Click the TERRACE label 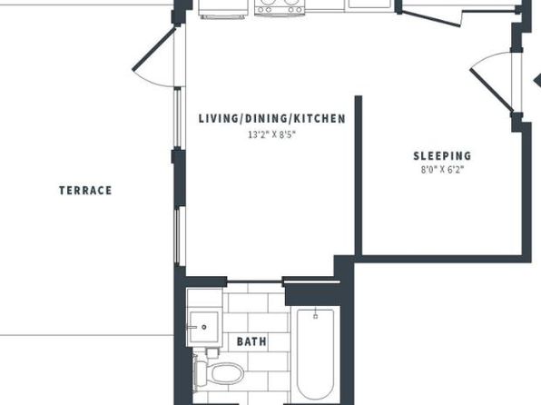pyautogui.click(x=85, y=191)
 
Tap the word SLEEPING pyautogui.click(x=442, y=155)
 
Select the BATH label pyautogui.click(x=251, y=341)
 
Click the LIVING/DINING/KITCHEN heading pyautogui.click(x=272, y=118)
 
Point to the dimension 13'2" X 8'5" pyautogui.click(x=272, y=134)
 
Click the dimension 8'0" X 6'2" pyautogui.click(x=442, y=170)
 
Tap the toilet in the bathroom pyautogui.click(x=219, y=374)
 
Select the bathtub pyautogui.click(x=315, y=354)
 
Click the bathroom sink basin pyautogui.click(x=204, y=327)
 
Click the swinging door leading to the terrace pyautogui.click(x=154, y=49)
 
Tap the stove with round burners pyautogui.click(x=280, y=7)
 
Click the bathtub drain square pyautogui.click(x=315, y=316)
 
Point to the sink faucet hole pyautogui.click(x=204, y=327)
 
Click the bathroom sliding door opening pyautogui.click(x=254, y=282)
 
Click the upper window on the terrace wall pyautogui.click(x=177, y=118)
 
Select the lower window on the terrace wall pyautogui.click(x=177, y=236)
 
